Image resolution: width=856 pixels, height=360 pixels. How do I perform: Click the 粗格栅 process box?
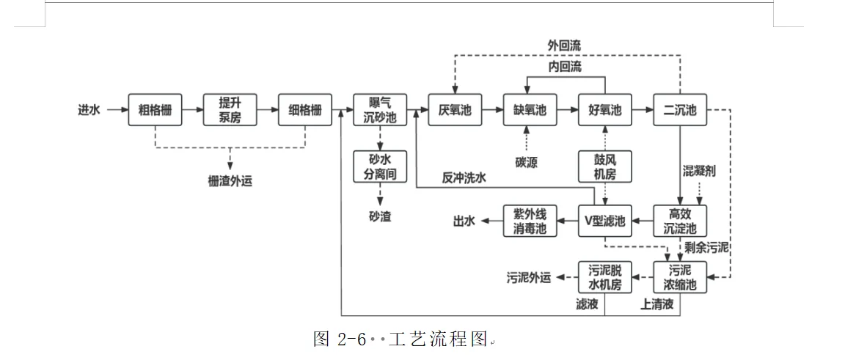coord(155,111)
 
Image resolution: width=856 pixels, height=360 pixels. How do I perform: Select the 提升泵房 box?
coord(230,111)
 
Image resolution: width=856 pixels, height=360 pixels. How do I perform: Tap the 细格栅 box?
coord(305,111)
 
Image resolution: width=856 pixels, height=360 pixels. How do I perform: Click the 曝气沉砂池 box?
coord(380,111)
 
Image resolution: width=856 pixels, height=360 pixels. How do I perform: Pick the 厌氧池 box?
coord(455,111)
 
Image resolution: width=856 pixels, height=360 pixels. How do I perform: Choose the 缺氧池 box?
coord(530,111)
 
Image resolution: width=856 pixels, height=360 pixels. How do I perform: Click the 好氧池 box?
coord(605,111)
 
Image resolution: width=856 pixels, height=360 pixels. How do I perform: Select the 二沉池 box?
coord(680,111)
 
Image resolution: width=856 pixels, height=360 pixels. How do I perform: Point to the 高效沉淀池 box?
coord(680,220)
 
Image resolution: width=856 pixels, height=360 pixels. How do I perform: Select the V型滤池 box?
coord(605,220)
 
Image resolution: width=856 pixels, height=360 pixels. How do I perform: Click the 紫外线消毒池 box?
coord(530,220)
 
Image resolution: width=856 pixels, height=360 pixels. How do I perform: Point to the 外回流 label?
coord(565,45)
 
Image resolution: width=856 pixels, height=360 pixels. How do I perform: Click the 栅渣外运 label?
coord(230,180)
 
